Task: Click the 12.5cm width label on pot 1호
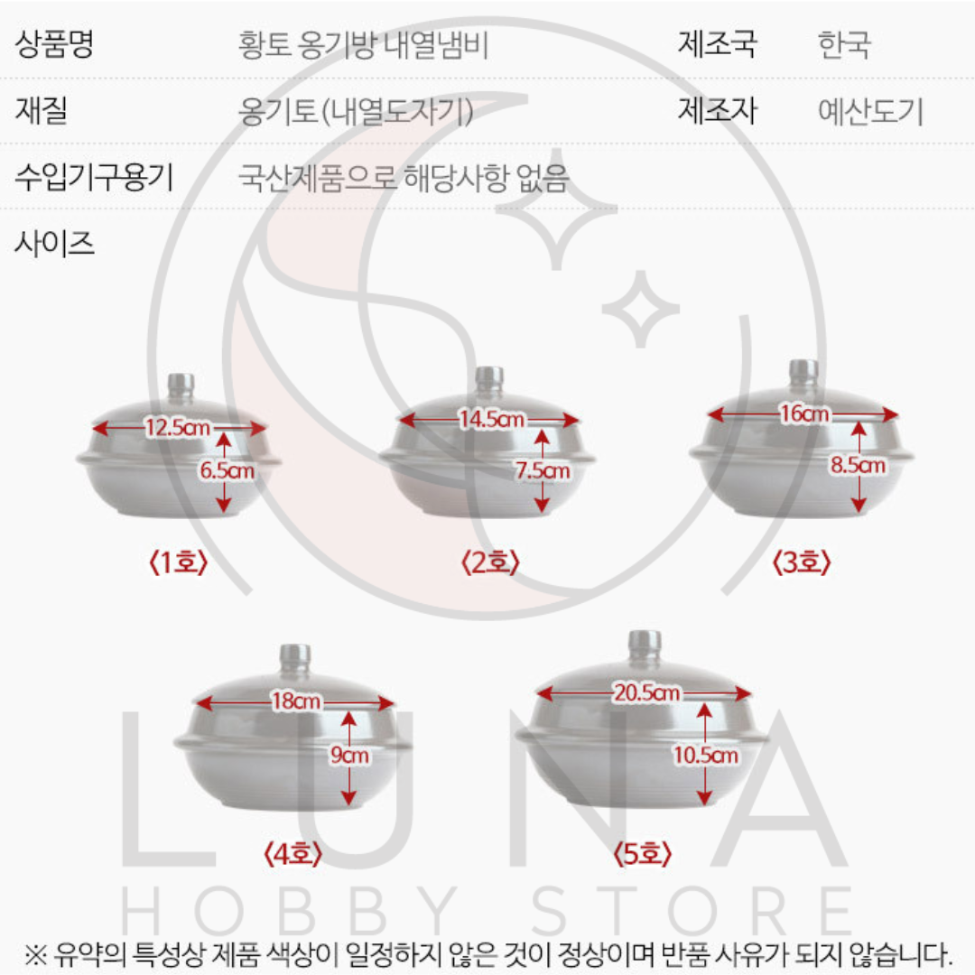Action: point(178,428)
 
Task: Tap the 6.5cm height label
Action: point(226,470)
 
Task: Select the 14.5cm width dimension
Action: point(490,420)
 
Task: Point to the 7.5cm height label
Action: point(542,470)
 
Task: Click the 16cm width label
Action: point(803,413)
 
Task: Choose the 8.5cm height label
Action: point(858,466)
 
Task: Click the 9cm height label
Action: point(349,756)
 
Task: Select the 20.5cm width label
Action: point(646,693)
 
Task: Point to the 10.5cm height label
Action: point(706,756)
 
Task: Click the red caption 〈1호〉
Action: point(178,563)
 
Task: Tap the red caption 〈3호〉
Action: point(801,563)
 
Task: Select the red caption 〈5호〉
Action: point(642,853)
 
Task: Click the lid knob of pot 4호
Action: point(295,657)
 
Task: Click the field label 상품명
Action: point(54,44)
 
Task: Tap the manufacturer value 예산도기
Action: point(870,112)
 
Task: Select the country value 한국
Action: point(844,44)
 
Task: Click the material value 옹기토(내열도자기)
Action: point(356,112)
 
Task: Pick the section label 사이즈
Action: point(54,243)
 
